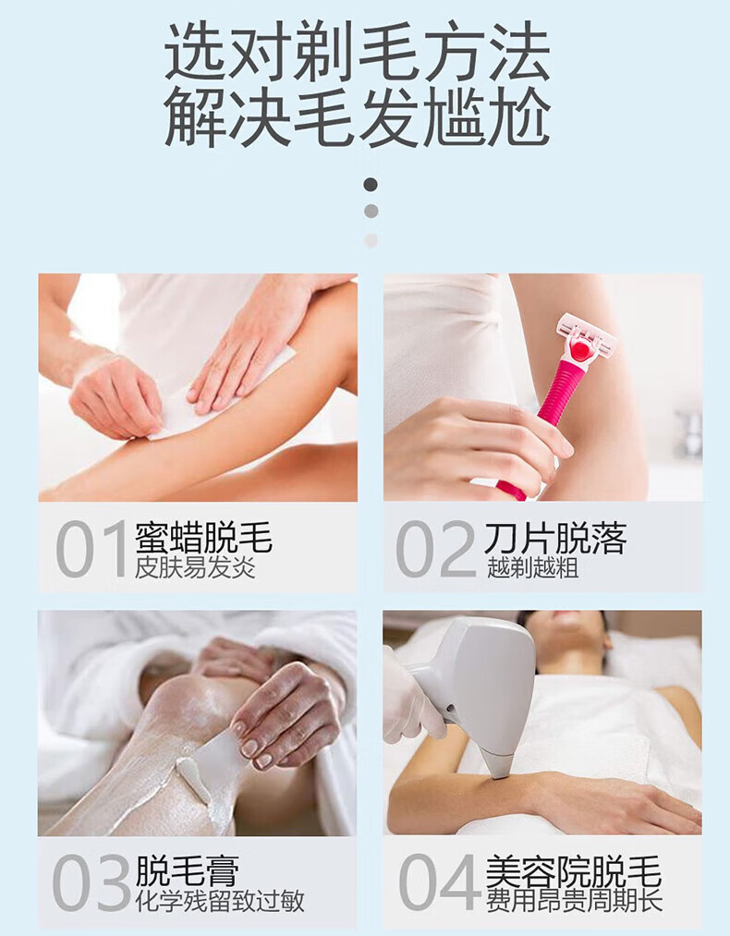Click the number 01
(91, 549)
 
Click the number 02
(435, 549)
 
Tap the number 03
(91, 882)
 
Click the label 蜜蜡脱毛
(203, 537)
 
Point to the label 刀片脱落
(555, 537)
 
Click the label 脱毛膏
(188, 870)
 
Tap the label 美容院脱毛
(573, 871)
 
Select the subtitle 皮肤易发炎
(195, 567)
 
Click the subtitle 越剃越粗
(532, 567)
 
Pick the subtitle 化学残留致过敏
(220, 901)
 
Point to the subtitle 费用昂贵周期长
(574, 901)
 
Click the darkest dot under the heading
(371, 185)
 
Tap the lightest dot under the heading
(371, 240)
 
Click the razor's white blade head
(586, 338)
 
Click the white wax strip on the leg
(222, 391)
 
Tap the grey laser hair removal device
(479, 687)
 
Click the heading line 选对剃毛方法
(357, 52)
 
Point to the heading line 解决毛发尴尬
(357, 116)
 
